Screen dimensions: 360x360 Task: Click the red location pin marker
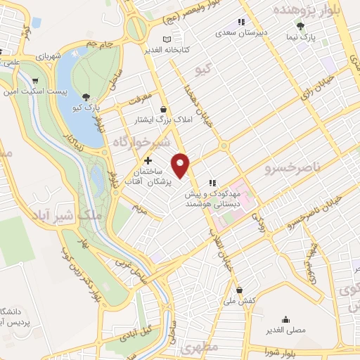[x=182, y=165]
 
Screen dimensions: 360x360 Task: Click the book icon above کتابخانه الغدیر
[x=167, y=39]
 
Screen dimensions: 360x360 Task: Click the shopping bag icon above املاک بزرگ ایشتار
[x=164, y=109]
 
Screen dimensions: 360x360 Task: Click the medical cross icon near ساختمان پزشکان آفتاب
[x=147, y=161]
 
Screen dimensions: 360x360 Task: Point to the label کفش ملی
[x=239, y=300]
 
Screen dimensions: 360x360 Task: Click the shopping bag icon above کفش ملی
[x=240, y=290]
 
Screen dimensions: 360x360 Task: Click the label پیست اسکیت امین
[x=32, y=91]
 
